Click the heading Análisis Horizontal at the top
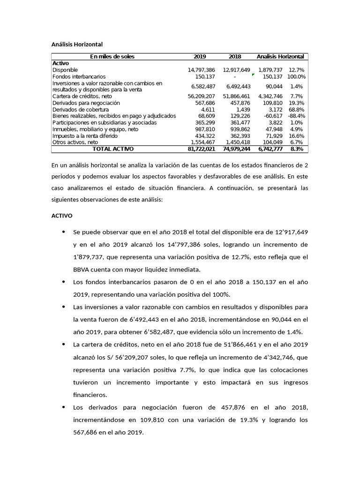click(x=77, y=45)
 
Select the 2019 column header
click(x=200, y=57)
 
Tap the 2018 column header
click(x=235, y=57)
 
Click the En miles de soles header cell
click(x=112, y=57)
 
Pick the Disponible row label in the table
click(x=65, y=70)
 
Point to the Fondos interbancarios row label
click(x=79, y=76)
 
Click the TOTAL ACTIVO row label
click(x=112, y=149)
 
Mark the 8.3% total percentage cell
click(x=297, y=149)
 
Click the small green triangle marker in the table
click(x=253, y=75)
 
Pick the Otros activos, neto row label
click(x=75, y=142)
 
